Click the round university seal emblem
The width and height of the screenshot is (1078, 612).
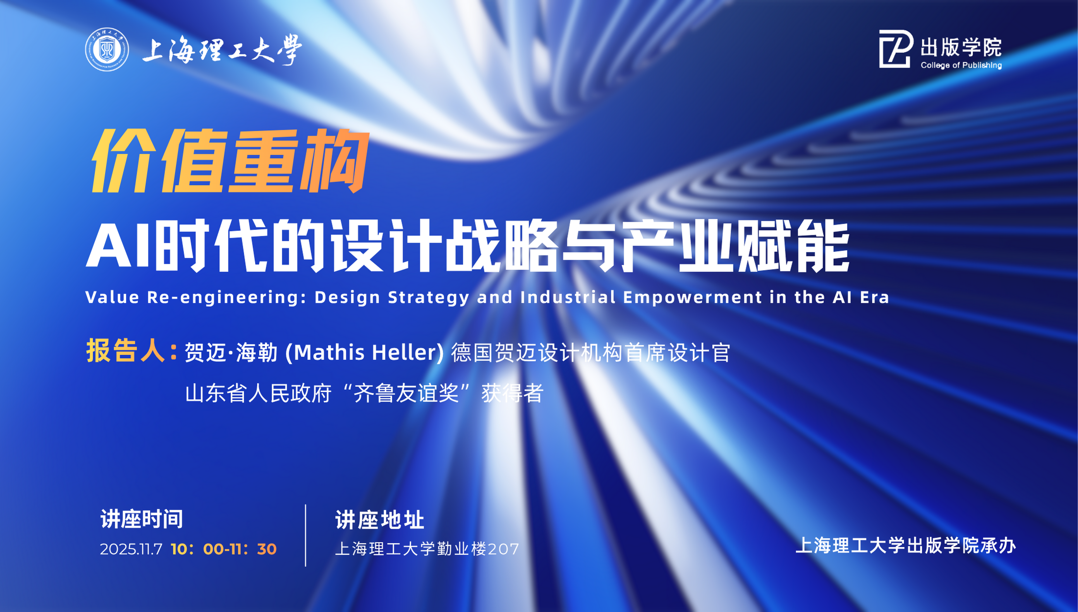click(107, 49)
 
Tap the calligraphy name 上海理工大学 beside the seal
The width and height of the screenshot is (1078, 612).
click(222, 50)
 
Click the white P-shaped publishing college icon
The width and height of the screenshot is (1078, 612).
click(896, 48)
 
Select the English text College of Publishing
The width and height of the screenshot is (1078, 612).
click(961, 65)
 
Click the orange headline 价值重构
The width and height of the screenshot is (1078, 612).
click(230, 161)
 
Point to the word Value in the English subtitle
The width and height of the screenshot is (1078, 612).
click(112, 297)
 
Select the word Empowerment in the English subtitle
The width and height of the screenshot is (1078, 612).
click(693, 297)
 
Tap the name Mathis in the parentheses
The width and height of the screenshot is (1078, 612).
click(329, 352)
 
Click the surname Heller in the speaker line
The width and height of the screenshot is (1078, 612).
click(404, 352)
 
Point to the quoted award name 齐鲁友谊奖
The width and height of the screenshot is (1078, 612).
click(406, 393)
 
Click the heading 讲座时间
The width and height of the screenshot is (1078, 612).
click(142, 519)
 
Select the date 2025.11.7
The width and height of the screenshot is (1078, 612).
click(131, 549)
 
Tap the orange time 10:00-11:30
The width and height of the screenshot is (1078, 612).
click(224, 549)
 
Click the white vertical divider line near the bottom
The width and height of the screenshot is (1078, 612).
click(306, 536)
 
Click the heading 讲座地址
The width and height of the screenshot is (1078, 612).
click(380, 520)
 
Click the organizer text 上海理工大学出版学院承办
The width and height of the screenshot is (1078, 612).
click(906, 545)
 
